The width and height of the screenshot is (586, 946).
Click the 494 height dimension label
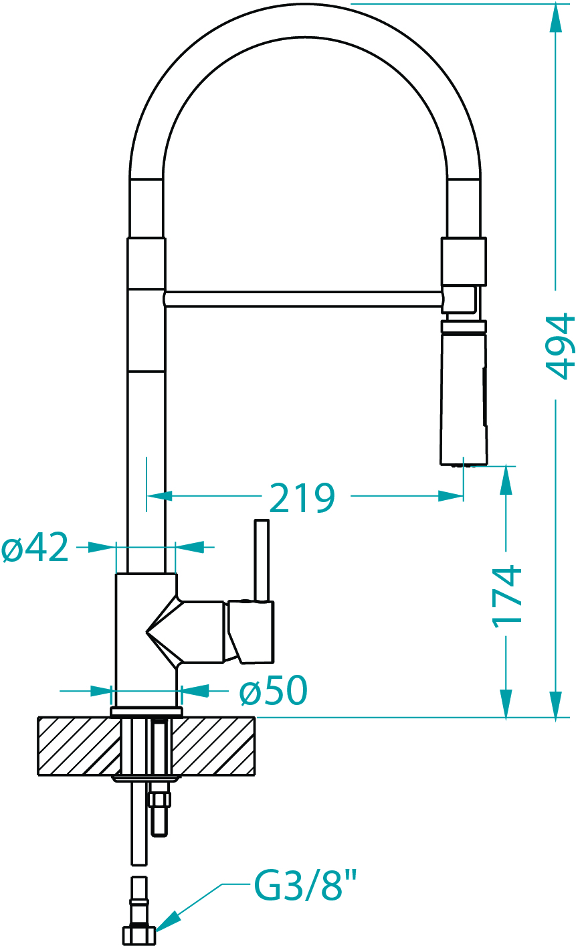[561, 345]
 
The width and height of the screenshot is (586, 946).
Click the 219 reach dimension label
[302, 498]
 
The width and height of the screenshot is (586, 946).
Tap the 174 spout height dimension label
[507, 596]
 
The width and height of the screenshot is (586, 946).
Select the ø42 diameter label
[35, 548]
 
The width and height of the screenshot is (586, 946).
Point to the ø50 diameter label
[274, 690]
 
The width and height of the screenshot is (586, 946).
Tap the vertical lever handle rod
[262, 560]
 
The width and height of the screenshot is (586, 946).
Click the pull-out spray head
[464, 393]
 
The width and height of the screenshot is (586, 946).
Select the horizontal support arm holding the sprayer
[303, 299]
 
